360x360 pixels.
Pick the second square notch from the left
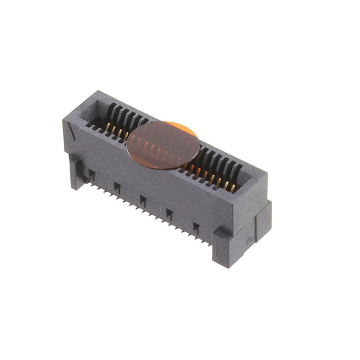click(117, 187)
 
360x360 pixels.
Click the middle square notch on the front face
click(143, 200)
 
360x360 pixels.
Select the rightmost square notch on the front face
click(196, 226)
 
